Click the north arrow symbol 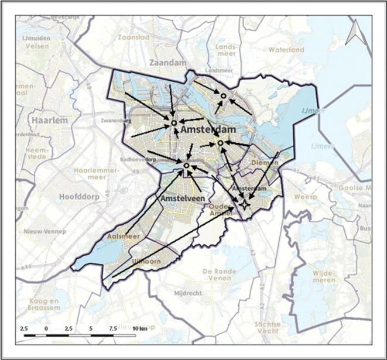coord(354,35)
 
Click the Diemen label coord(263,162)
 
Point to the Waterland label coord(286,50)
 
